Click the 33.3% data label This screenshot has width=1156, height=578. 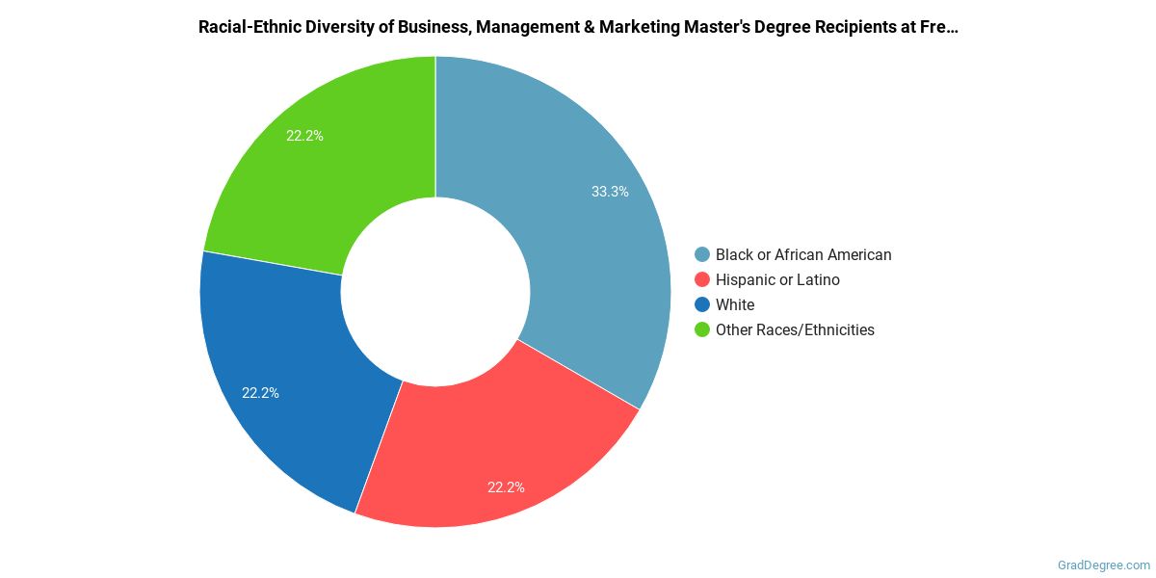[610, 192]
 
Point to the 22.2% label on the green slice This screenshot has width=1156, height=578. [304, 136]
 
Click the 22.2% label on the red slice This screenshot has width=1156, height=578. [506, 487]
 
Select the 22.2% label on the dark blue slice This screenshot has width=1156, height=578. [260, 393]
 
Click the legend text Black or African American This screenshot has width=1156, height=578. [803, 255]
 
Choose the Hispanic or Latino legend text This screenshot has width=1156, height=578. [777, 280]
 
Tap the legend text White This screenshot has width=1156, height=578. [735, 305]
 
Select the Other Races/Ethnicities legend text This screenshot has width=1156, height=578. [795, 330]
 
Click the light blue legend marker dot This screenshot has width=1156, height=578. [702, 255]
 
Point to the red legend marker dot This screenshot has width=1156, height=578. [702, 280]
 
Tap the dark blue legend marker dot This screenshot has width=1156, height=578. [702, 305]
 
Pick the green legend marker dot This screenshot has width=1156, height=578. [702, 330]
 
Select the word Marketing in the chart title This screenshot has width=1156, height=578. [639, 27]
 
